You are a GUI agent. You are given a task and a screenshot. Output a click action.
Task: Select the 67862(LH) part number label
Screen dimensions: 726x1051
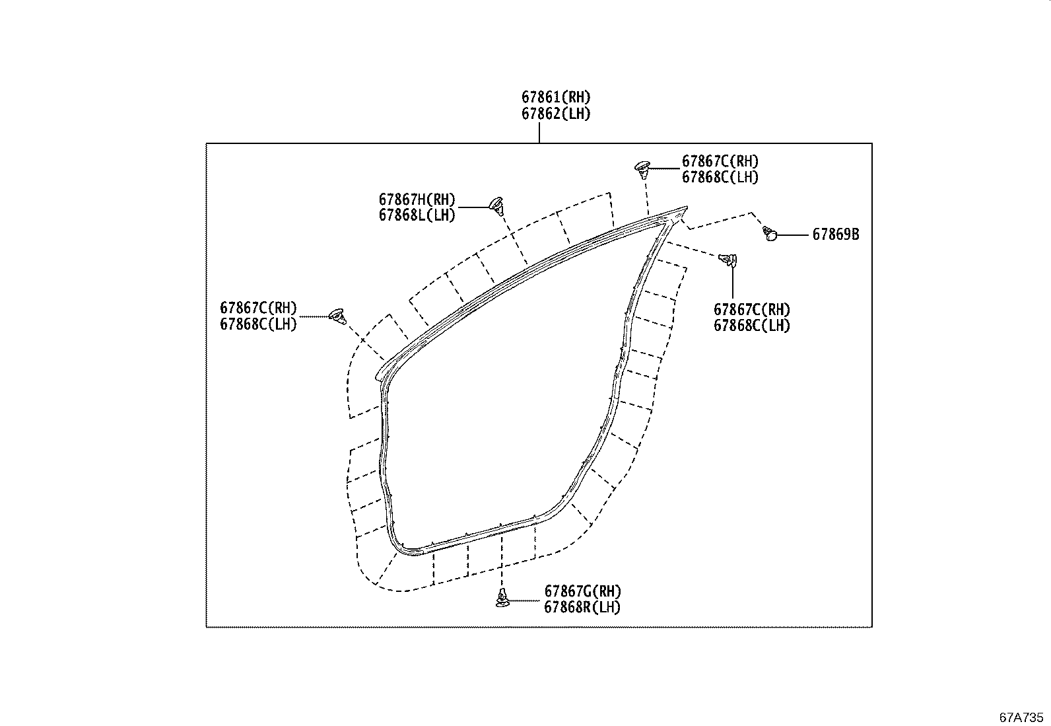point(555,114)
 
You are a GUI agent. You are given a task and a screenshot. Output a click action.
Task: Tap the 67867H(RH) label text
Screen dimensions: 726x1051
point(417,200)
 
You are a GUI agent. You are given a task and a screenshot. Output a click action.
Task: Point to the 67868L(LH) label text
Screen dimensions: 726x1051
point(417,215)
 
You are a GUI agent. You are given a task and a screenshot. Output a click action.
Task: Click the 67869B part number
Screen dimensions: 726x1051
point(835,235)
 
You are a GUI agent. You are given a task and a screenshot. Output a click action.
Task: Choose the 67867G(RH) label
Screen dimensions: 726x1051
point(582,591)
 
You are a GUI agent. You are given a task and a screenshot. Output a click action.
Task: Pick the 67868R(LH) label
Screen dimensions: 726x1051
point(582,607)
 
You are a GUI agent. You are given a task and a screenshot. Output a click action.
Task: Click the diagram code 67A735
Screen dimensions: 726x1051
point(1021,717)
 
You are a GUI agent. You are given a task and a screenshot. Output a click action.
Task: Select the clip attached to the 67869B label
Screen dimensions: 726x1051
point(770,233)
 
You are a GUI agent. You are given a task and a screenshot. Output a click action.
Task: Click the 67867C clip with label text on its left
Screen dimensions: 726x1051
point(339,316)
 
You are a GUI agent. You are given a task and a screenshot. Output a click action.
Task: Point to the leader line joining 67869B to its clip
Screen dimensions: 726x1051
point(792,235)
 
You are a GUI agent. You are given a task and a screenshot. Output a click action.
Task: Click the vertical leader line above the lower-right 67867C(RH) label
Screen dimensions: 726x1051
point(732,284)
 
